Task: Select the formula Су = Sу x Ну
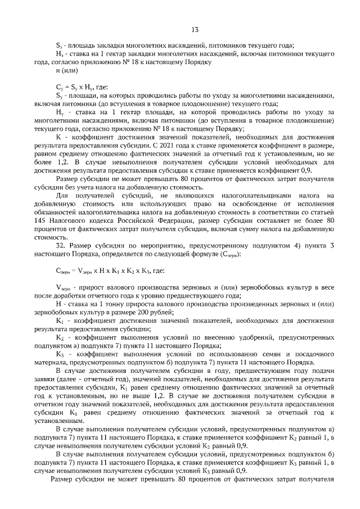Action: [x=73, y=87]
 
